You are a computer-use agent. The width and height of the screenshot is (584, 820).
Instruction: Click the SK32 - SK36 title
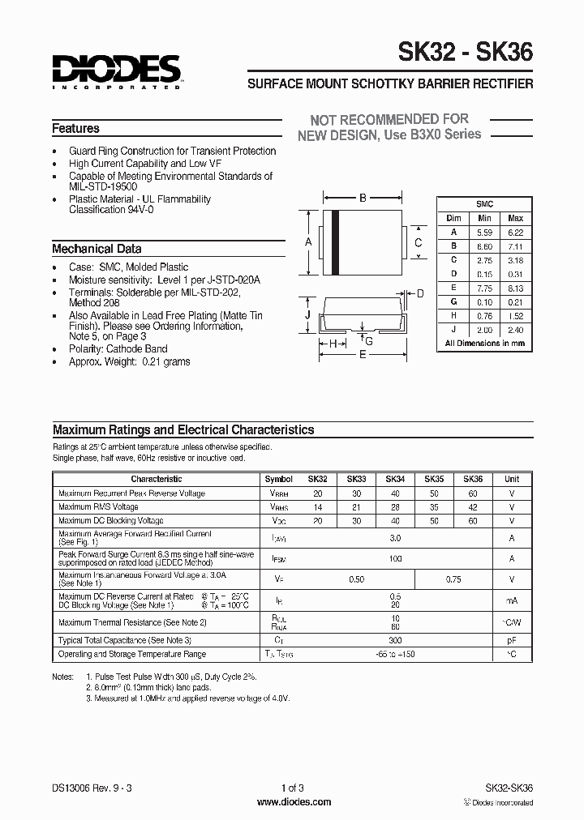point(465,53)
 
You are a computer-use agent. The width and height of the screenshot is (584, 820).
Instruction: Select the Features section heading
point(75,129)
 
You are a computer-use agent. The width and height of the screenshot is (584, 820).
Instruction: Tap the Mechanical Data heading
point(97,249)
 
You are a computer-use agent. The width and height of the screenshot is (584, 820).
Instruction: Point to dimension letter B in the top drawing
point(363,198)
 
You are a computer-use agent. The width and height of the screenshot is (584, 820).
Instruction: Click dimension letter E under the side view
point(363,354)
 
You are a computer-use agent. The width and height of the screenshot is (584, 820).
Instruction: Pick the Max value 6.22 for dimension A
point(515,232)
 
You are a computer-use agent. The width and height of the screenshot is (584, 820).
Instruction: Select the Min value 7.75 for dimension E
point(485,288)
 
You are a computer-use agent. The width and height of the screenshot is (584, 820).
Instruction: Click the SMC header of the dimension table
point(484,205)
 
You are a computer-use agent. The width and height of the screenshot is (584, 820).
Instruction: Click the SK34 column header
point(395,479)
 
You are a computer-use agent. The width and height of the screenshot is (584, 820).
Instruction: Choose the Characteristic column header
point(156,479)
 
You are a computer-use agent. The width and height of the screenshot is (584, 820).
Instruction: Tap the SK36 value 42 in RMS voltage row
point(473,507)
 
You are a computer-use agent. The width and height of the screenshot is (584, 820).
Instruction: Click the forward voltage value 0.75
point(453,579)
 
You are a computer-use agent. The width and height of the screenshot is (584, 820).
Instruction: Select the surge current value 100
point(395,558)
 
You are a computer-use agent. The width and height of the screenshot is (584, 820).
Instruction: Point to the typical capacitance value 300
point(395,640)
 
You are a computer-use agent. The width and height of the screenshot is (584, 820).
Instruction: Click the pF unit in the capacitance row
point(512,640)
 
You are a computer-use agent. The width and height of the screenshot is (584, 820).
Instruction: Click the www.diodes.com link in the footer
point(293,802)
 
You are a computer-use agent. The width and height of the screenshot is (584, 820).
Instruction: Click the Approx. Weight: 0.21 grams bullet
point(129,361)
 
